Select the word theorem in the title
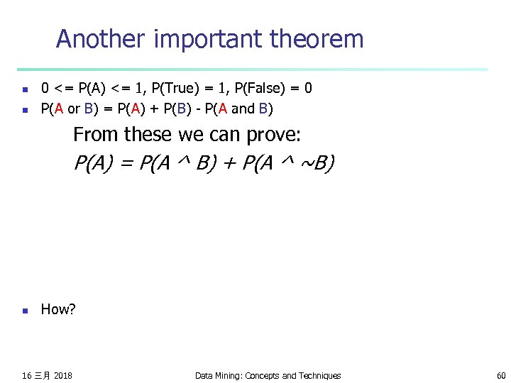click(317, 39)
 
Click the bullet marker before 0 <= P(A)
click(24, 89)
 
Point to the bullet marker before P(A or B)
click(24, 110)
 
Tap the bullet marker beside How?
click(24, 310)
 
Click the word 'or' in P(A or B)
click(74, 109)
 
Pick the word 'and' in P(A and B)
click(243, 109)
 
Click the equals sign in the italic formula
click(128, 165)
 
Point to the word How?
click(58, 309)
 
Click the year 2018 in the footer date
click(62, 375)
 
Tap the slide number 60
click(501, 375)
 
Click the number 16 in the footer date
click(27, 375)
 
